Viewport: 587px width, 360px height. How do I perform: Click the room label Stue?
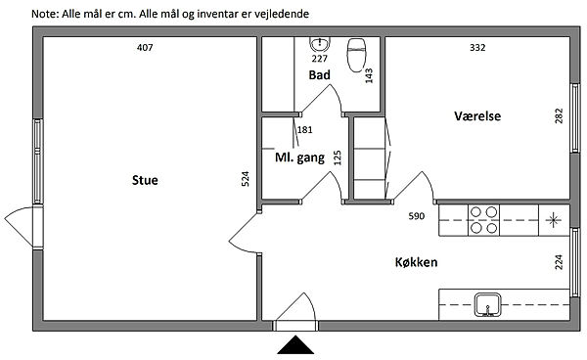(145, 180)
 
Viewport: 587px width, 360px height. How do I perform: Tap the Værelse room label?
(477, 116)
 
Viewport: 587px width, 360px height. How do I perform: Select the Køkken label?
(416, 262)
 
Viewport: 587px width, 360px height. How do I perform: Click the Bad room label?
(319, 75)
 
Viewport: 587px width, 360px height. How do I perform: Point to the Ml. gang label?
(299, 157)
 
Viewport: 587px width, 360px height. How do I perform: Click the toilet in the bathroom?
(357, 55)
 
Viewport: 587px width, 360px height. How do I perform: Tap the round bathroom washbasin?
(320, 45)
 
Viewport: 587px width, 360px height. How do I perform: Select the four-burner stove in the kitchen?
(483, 220)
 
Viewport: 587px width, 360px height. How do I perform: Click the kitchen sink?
(487, 305)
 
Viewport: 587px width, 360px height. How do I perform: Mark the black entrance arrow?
(295, 344)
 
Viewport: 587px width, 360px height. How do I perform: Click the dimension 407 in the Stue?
(145, 48)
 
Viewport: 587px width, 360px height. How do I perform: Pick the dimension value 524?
(245, 179)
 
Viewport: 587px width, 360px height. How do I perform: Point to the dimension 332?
(477, 48)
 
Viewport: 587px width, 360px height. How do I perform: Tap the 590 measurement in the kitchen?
(417, 216)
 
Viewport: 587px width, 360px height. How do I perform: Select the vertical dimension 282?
(559, 116)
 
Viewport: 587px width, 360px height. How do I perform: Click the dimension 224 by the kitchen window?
(559, 262)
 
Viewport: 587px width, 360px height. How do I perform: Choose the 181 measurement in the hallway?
(304, 130)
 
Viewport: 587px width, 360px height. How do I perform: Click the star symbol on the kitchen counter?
(554, 220)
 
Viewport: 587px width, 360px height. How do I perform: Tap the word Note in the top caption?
(43, 14)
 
